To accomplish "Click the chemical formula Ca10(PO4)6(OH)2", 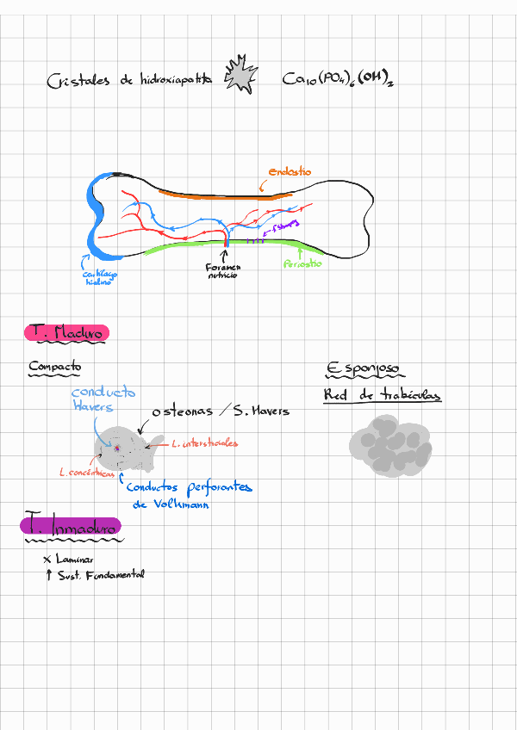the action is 338,80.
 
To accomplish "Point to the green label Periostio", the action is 302,263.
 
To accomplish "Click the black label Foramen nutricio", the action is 223,273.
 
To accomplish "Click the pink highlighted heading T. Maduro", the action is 66,332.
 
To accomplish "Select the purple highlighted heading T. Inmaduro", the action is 72,525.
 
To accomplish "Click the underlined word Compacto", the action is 54,367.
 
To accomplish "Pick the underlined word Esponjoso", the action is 363,368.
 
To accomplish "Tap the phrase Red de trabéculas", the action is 382,396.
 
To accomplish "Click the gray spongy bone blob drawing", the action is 385,444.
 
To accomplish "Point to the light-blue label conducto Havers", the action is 103,399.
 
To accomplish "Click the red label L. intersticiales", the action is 204,444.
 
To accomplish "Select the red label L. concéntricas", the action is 86,473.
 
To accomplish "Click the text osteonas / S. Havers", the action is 221,411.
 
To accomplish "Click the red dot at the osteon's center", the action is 116,448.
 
